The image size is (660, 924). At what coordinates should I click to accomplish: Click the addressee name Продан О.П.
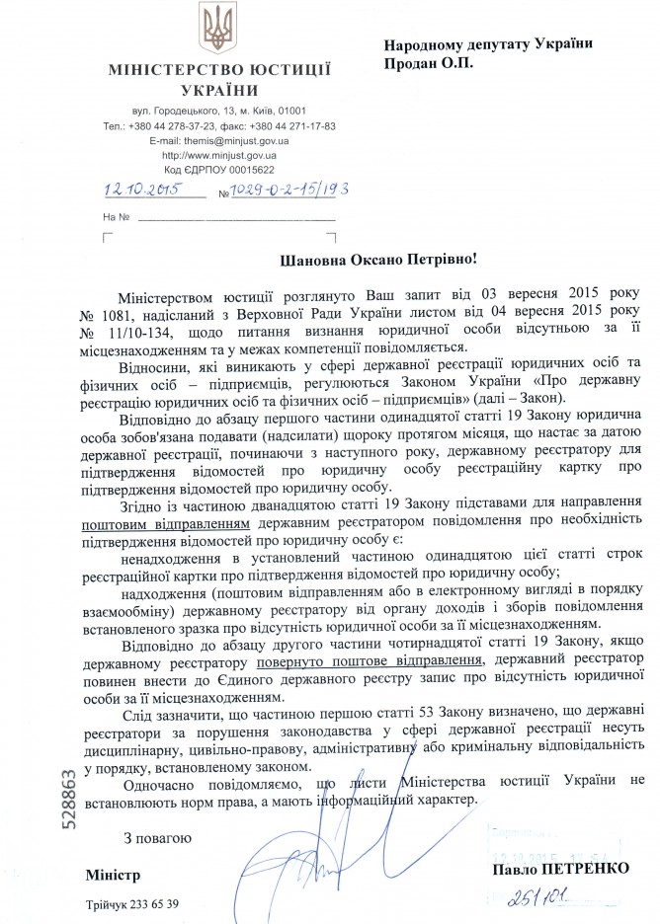click(428, 62)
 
